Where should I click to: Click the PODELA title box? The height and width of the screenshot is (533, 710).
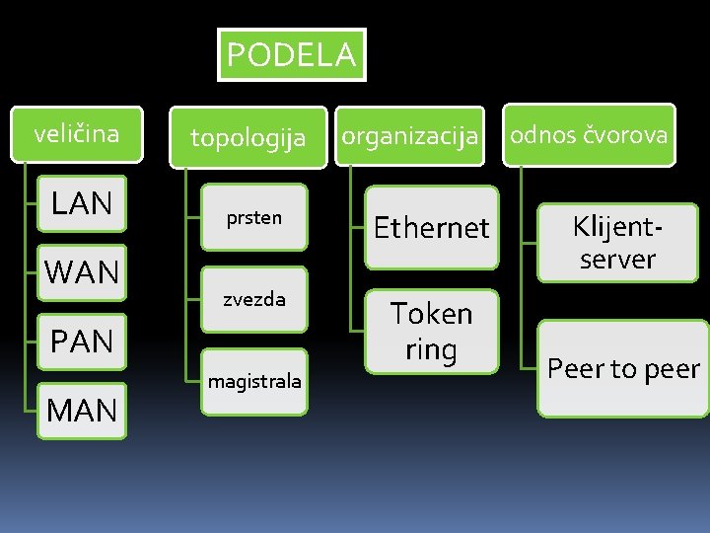tap(291, 54)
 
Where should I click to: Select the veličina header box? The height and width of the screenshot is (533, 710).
tap(77, 133)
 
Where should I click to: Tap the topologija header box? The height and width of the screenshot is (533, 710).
tap(248, 137)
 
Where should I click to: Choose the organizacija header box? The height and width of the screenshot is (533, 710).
tap(409, 136)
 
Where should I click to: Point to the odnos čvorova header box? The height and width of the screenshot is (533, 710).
tap(589, 134)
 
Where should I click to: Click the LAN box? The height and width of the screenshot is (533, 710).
tap(82, 203)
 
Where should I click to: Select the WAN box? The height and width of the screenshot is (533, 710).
tap(82, 271)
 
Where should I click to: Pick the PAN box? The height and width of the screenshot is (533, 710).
tap(82, 342)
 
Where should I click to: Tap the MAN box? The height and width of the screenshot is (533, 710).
tap(82, 410)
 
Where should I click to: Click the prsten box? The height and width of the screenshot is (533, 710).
tap(254, 218)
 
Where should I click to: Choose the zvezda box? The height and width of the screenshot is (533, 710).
tap(254, 299)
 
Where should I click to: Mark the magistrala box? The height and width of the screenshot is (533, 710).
tap(254, 380)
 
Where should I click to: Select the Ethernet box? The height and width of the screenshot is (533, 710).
tap(432, 228)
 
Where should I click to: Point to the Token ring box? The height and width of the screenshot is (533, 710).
tap(432, 332)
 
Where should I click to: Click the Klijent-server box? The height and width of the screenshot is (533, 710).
tap(617, 243)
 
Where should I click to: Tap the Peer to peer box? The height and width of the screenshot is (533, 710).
tap(623, 368)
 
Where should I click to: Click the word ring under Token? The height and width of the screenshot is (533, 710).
tap(432, 350)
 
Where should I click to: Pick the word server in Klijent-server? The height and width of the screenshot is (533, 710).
tap(617, 260)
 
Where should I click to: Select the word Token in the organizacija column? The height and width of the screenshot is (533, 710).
tap(432, 314)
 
